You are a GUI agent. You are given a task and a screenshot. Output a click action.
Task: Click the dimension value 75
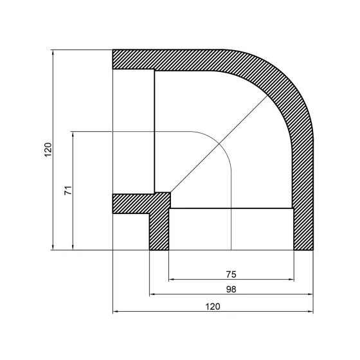231,274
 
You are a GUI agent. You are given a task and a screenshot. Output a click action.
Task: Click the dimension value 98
231,289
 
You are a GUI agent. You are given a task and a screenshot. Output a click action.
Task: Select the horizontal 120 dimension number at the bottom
213,307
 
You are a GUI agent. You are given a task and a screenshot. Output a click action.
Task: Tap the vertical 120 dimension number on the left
47,150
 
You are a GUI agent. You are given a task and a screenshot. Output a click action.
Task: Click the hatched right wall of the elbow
303,193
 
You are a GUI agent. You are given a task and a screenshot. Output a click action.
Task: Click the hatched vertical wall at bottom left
158,231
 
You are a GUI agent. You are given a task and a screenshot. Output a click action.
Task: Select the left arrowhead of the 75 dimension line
171,280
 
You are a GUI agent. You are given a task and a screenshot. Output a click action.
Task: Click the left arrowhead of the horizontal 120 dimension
116,312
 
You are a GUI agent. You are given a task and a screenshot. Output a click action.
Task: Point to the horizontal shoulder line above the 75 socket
231,208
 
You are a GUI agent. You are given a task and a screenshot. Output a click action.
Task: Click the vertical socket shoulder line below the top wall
154,129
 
